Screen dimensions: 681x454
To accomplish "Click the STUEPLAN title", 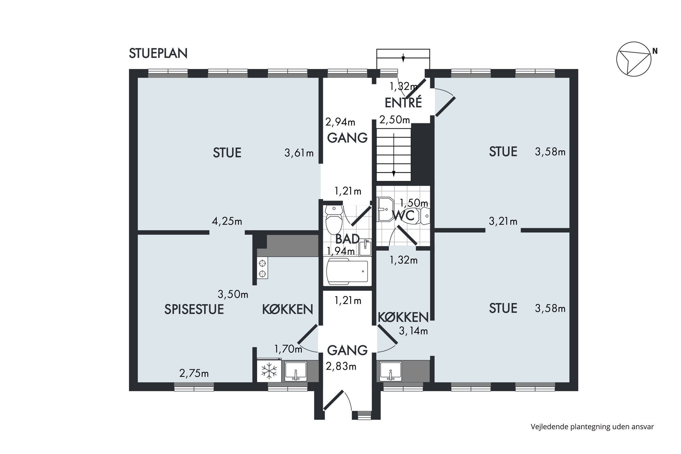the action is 158,54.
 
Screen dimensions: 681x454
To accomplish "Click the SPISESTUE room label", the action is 194,310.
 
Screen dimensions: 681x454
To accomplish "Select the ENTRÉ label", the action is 403,103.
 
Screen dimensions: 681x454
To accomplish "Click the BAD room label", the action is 347,239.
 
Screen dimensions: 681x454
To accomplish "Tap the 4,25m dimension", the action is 227,222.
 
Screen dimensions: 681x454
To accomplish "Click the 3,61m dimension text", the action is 299,153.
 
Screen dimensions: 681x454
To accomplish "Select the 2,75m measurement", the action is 194,373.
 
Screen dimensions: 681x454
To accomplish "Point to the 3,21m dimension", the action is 503,222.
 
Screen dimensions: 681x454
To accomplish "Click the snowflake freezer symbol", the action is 269,371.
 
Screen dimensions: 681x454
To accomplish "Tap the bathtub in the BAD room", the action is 347,271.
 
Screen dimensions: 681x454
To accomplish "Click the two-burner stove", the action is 263,268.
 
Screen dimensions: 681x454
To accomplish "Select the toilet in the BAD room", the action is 334,219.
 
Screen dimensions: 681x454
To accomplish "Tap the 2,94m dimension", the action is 340,122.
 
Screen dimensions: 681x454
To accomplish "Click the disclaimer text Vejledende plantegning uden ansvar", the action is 592,427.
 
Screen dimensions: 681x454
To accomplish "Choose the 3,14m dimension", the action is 413,331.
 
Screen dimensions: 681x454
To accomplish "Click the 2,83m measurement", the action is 341,366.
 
